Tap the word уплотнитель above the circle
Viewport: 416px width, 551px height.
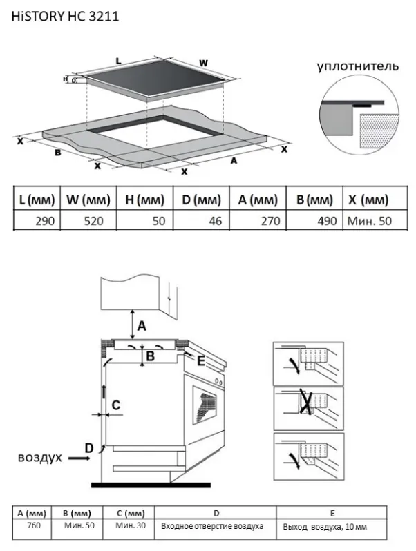[x=358, y=67]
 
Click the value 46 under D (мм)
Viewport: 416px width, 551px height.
[x=213, y=221]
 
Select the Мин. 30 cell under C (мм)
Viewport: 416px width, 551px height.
[x=130, y=526]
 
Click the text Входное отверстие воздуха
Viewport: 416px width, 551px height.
[x=212, y=527]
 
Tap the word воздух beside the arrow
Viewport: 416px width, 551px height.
[x=40, y=457]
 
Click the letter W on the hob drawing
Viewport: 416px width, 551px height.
[x=203, y=63]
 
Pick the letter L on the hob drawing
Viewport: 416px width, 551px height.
[x=118, y=61]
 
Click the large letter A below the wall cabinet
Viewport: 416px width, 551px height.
[x=142, y=325]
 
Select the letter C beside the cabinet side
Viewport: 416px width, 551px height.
[x=117, y=405]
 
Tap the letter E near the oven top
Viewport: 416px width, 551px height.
[x=201, y=360]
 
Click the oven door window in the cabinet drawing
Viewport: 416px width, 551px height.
[x=205, y=409]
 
